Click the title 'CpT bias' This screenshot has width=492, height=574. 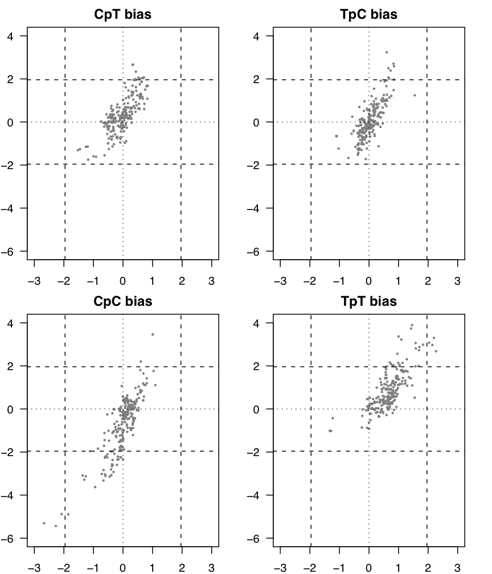tap(122, 15)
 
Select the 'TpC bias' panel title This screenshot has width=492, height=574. tap(368, 15)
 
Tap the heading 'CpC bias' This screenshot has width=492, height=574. tap(122, 301)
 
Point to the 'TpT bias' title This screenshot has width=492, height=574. tap(368, 301)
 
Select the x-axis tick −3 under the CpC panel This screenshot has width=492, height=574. tap(34, 567)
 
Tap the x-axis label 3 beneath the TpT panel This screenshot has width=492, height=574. tap(457, 567)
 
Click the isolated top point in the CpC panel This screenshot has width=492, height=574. tap(153, 334)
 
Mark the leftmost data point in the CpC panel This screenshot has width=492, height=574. tap(44, 523)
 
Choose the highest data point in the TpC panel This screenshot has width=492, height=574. tap(387, 52)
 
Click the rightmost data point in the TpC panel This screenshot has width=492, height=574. tap(415, 95)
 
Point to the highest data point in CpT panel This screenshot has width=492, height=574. tap(133, 65)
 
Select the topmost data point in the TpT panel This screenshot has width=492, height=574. tap(412, 325)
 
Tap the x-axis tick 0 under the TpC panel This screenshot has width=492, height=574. tap(369, 281)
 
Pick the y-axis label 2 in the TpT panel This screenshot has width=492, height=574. tap(263, 366)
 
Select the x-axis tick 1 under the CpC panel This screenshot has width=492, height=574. tap(153, 567)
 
